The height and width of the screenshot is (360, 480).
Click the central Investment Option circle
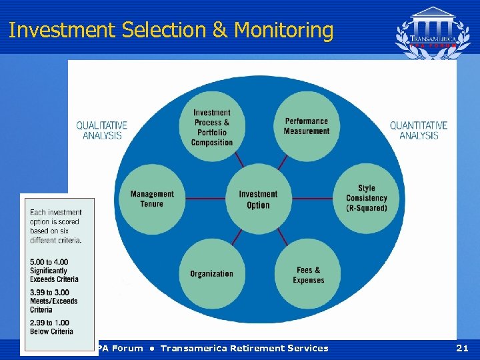click(258, 199)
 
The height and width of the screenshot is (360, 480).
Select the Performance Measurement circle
click(307, 126)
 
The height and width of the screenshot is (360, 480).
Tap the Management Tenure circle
click(152, 199)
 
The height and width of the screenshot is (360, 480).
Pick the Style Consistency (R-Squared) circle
click(366, 198)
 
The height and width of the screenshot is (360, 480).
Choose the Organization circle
click(211, 273)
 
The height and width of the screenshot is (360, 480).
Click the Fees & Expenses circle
click(308, 275)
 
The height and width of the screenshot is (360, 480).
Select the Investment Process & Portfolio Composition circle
click(212, 127)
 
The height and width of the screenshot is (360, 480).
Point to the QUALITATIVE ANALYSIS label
click(102, 130)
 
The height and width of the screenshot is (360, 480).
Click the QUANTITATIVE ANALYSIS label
click(419, 130)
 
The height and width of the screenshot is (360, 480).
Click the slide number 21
click(462, 348)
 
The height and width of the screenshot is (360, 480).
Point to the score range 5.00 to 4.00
click(49, 261)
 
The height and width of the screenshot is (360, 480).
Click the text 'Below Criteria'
click(52, 331)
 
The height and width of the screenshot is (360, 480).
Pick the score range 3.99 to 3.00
click(49, 292)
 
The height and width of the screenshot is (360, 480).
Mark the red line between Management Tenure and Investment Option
click(205, 199)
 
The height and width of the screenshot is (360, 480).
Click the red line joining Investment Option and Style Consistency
click(312, 199)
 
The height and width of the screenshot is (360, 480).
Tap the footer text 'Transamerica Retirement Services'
click(244, 348)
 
